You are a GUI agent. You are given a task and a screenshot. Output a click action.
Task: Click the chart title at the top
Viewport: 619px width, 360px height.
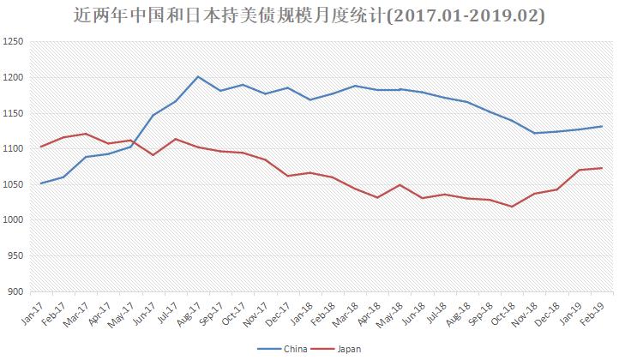point(309,16)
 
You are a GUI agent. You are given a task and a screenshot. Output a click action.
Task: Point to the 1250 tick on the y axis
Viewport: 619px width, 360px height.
point(15,42)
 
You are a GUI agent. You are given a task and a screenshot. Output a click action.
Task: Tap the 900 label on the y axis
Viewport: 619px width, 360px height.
point(17,291)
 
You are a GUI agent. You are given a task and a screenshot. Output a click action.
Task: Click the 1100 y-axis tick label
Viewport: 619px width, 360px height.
point(15,149)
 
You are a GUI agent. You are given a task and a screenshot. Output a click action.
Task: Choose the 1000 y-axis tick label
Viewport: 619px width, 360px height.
point(15,220)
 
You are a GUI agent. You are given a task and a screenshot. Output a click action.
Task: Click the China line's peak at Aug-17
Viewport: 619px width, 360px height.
point(198,76)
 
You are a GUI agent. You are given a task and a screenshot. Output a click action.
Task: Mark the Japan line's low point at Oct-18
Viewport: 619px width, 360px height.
point(512,207)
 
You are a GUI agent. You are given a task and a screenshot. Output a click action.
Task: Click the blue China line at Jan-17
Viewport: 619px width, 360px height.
point(41,183)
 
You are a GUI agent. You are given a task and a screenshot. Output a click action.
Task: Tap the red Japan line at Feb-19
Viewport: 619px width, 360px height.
point(602,168)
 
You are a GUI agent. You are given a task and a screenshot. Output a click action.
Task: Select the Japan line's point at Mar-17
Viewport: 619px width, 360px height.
point(86,134)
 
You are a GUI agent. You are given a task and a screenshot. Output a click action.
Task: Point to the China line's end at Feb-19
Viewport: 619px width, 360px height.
point(602,126)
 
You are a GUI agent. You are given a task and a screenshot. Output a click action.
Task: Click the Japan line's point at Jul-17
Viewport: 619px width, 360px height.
point(176,139)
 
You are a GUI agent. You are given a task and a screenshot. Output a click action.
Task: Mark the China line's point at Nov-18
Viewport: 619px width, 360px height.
point(534,133)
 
